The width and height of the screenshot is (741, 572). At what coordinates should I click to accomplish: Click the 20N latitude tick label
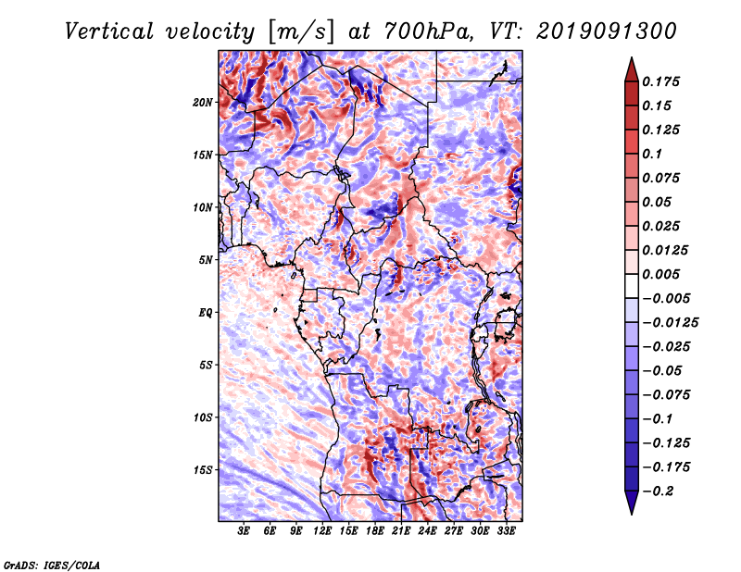coord(203,103)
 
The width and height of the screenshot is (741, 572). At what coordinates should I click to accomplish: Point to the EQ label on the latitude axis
coord(206,313)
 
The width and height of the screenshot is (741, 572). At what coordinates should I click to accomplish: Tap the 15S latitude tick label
coord(203,470)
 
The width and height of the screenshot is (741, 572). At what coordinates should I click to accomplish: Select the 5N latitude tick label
coord(206,260)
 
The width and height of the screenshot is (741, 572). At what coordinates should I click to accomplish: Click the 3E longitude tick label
coord(244,531)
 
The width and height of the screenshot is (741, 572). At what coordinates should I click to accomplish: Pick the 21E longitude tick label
coord(401,531)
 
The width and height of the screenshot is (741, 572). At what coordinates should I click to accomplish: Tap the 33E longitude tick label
coord(506,531)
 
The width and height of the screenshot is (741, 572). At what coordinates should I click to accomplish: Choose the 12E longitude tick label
coord(322,531)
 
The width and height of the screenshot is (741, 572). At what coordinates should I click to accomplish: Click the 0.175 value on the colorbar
coord(660,81)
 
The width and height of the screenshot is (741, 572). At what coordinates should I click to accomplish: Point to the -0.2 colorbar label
coord(658,491)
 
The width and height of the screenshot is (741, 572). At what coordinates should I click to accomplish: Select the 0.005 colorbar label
coord(660,274)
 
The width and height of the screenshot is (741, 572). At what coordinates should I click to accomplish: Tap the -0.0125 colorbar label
coord(670,323)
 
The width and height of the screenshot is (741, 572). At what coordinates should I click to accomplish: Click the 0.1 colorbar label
coord(652,154)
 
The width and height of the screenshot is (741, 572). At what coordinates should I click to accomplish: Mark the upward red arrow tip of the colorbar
coord(632,57)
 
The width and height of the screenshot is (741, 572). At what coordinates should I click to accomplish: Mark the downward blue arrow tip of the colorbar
coord(632,514)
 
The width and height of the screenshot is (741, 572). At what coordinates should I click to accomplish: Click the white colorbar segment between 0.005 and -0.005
coord(632,286)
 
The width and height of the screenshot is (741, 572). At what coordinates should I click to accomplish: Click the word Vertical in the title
coord(109,31)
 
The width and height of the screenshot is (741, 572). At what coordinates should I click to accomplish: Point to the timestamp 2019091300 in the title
coord(607,31)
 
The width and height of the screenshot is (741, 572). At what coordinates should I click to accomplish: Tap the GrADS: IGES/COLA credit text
coord(52,566)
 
